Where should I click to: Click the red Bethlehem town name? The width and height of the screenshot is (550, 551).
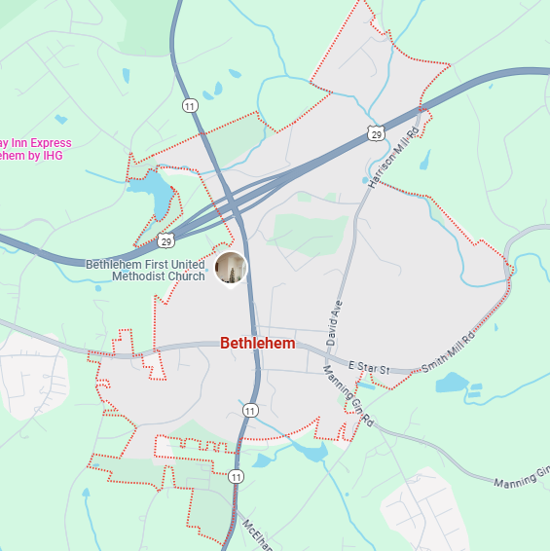tap(257, 344)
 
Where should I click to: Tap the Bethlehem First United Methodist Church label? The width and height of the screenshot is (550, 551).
tap(145, 270)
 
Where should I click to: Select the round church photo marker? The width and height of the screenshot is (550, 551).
tap(231, 269)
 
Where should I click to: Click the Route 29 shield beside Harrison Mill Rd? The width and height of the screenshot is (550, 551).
tap(376, 133)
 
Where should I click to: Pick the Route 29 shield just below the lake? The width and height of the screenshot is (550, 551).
tap(165, 239)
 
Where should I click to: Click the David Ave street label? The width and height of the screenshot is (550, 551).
tap(336, 324)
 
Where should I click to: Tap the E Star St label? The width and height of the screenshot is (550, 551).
tap(367, 370)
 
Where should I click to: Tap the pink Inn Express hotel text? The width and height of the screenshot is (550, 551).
tap(36, 143)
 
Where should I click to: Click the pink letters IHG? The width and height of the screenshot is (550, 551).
tap(52, 156)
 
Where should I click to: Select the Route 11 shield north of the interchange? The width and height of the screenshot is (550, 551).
tap(189, 104)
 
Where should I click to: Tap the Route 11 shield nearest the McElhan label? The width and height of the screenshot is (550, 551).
tap(236, 476)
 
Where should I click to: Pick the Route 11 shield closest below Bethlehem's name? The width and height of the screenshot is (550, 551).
tap(250, 410)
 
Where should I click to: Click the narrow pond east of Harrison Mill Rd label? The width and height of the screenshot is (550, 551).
tap(425, 159)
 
